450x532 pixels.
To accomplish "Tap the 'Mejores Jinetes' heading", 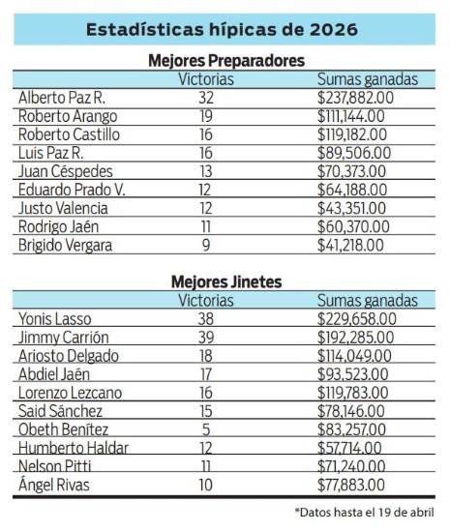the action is coord(225,281).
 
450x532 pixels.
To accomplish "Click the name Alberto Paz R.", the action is coord(60,97).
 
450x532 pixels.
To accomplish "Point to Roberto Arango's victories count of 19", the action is coord(207,115).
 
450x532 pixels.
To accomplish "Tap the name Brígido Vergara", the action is coord(65,246).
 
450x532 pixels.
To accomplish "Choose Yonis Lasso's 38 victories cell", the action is coord(207,317).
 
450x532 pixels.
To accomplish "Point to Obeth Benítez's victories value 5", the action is coord(207,429).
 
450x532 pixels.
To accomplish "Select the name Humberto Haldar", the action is coord(71,448).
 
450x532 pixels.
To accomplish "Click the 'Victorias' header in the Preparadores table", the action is coord(207,79).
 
